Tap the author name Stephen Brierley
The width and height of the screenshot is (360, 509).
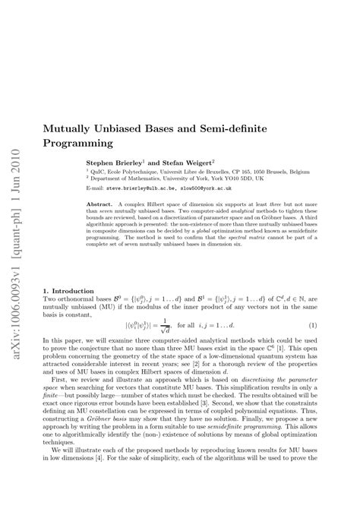[x=113, y=162]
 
